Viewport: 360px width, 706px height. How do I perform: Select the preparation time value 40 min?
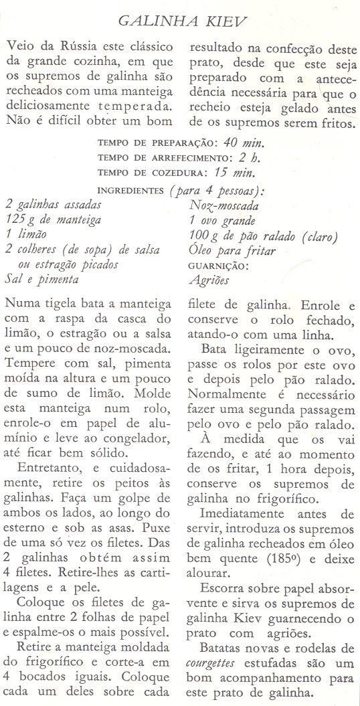pyautogui.click(x=244, y=143)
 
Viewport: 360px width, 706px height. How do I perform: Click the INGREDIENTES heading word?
pyautogui.click(x=130, y=190)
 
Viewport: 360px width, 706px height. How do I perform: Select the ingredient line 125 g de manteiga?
pyautogui.click(x=54, y=219)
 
